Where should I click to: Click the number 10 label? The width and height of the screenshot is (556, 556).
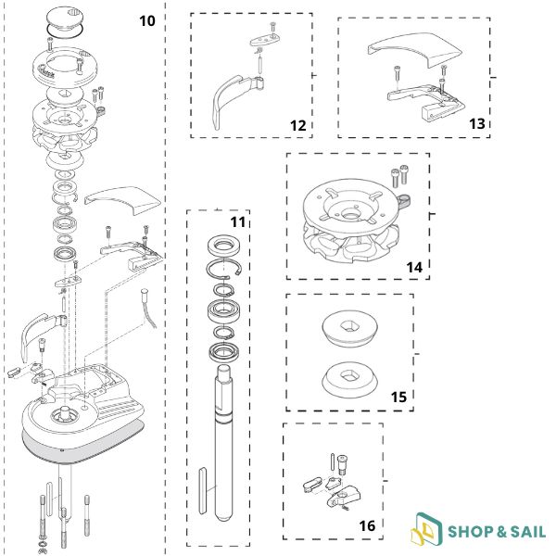click(x=147, y=21)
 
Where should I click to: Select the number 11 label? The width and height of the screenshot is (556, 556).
click(x=237, y=222)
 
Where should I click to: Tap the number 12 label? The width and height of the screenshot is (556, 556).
click(x=297, y=125)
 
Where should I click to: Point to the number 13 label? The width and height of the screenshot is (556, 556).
click(x=477, y=124)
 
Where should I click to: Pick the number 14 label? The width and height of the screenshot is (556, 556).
click(x=414, y=268)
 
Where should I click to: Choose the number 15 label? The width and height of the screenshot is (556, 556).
click(x=398, y=398)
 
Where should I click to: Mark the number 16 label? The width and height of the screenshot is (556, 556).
click(x=367, y=525)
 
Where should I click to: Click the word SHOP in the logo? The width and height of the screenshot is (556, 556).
click(x=471, y=532)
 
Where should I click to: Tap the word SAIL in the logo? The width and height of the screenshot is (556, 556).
click(x=528, y=532)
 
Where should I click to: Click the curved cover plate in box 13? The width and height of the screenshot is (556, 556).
click(x=415, y=48)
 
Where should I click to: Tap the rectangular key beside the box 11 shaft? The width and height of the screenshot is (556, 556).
click(x=203, y=490)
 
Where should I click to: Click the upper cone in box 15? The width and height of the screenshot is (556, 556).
click(x=349, y=328)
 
